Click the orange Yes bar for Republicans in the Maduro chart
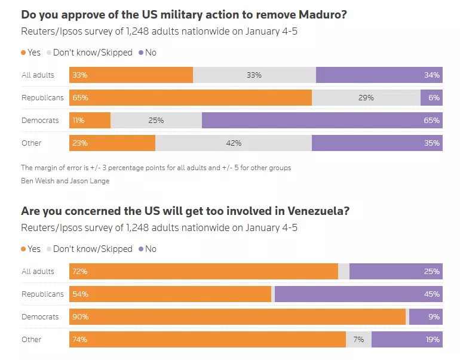pos(191,97)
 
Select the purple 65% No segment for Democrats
pos(322,120)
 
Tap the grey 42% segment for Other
pos(234,143)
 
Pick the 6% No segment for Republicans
pos(431,97)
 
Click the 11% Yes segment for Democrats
pos(90,120)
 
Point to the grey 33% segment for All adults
pos(254,75)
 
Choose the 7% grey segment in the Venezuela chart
pos(358,339)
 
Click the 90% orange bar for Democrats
pos(238,316)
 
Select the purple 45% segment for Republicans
pos(358,294)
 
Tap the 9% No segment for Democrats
pos(426,316)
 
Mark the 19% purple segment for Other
pos(407,339)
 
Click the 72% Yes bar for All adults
pos(204,271)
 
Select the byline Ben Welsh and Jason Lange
pos(65,181)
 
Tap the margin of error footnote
pos(156,168)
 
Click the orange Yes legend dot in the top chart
pos(24,53)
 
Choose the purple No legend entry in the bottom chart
pos(147,249)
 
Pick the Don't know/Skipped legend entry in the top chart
pos(90,53)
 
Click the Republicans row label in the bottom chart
pos(42,294)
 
